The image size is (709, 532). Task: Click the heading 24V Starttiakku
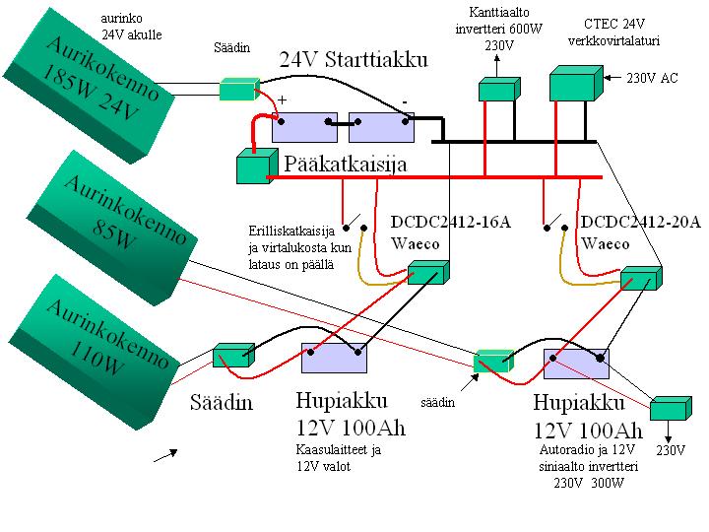pyautogui.click(x=353, y=59)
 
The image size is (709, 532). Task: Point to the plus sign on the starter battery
pyautogui.click(x=283, y=100)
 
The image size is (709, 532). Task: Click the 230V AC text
pyautogui.click(x=654, y=77)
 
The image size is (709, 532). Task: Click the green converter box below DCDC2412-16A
pyautogui.click(x=429, y=273)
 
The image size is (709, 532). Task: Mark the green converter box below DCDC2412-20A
pyautogui.click(x=641, y=278)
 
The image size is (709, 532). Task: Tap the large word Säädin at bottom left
pyautogui.click(x=221, y=402)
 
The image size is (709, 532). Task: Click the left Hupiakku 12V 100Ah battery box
pyautogui.click(x=334, y=359)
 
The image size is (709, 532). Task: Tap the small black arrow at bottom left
pyautogui.click(x=164, y=454)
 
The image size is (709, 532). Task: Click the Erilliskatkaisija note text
pyautogui.click(x=292, y=247)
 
